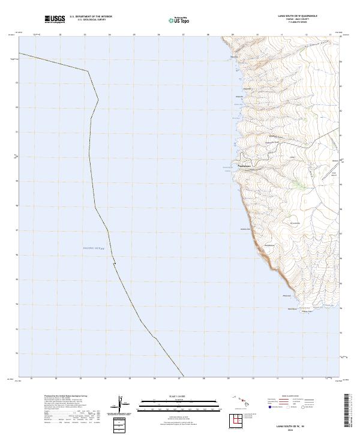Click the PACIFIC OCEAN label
(93, 248)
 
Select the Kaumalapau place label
(244, 166)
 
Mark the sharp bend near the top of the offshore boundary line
(89, 70)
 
